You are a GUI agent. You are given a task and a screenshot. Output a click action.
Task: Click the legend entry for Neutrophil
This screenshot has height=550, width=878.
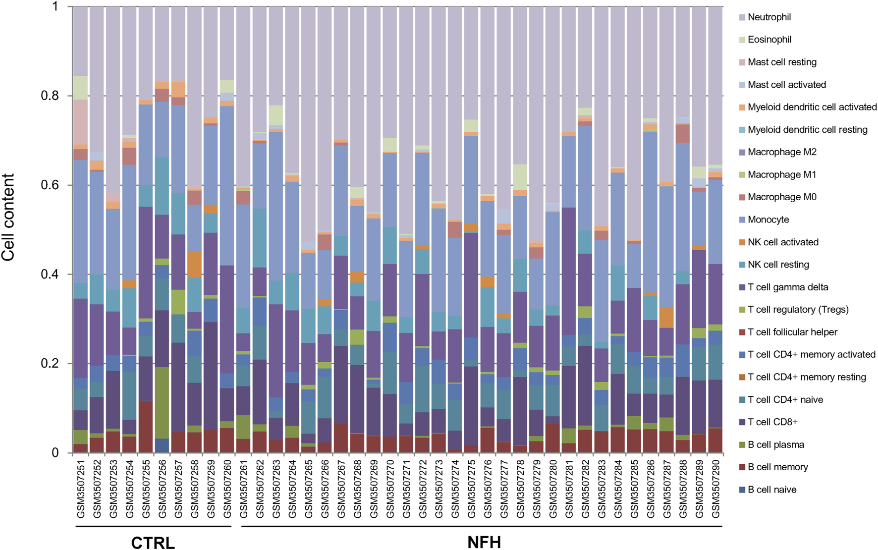click(x=769, y=17)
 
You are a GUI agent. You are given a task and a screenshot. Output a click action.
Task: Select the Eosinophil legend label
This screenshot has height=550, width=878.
click(x=769, y=40)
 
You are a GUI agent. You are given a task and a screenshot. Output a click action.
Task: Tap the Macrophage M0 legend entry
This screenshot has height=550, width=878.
click(x=782, y=197)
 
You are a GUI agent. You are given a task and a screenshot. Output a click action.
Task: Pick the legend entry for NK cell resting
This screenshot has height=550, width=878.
click(x=778, y=265)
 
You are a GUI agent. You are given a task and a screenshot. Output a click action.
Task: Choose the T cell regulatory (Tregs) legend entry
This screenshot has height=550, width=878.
click(x=798, y=310)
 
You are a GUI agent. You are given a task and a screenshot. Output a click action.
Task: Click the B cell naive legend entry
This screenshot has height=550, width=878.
click(x=772, y=490)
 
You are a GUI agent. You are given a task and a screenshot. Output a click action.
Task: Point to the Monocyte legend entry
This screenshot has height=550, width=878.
click(x=768, y=220)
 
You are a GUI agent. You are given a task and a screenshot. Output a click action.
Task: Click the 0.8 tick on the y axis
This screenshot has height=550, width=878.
click(x=50, y=96)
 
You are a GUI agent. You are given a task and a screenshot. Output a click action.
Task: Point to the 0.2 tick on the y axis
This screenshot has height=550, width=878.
click(x=50, y=363)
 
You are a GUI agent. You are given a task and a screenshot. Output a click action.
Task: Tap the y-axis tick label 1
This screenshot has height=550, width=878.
click(x=55, y=7)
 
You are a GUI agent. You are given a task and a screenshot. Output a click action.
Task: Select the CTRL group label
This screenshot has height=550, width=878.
click(x=153, y=543)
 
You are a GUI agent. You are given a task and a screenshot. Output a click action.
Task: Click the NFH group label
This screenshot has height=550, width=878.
click(x=484, y=542)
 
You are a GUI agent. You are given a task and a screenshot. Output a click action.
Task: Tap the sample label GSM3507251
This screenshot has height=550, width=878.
click(x=81, y=488)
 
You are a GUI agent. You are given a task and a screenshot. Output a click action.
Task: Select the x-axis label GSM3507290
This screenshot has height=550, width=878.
click(x=715, y=488)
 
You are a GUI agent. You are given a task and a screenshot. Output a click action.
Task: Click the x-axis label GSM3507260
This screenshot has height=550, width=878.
click(x=227, y=488)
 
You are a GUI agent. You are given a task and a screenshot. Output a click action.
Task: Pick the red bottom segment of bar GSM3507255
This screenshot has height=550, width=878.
click(x=146, y=427)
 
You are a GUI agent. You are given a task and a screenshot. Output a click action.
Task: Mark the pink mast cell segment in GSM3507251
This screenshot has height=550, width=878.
click(x=80, y=122)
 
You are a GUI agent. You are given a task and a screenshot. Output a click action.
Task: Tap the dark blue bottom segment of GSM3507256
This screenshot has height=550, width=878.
click(x=162, y=445)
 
